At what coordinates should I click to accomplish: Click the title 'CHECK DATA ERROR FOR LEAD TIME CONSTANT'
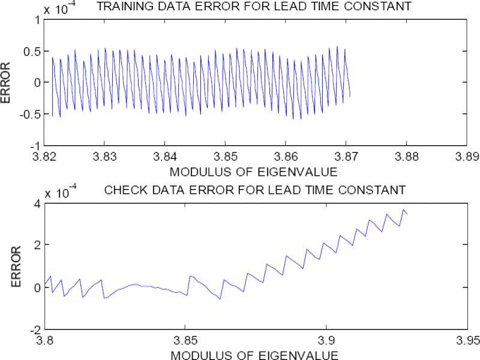click(x=254, y=191)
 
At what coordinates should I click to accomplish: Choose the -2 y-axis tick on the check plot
click(x=35, y=329)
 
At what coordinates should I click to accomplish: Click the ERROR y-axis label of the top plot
click(x=7, y=83)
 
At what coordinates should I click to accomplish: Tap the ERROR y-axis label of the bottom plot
click(x=7, y=266)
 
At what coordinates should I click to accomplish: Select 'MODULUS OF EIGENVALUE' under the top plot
click(x=254, y=172)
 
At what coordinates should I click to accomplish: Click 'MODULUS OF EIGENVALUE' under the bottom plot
click(x=254, y=354)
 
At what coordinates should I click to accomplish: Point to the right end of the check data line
click(x=407, y=214)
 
